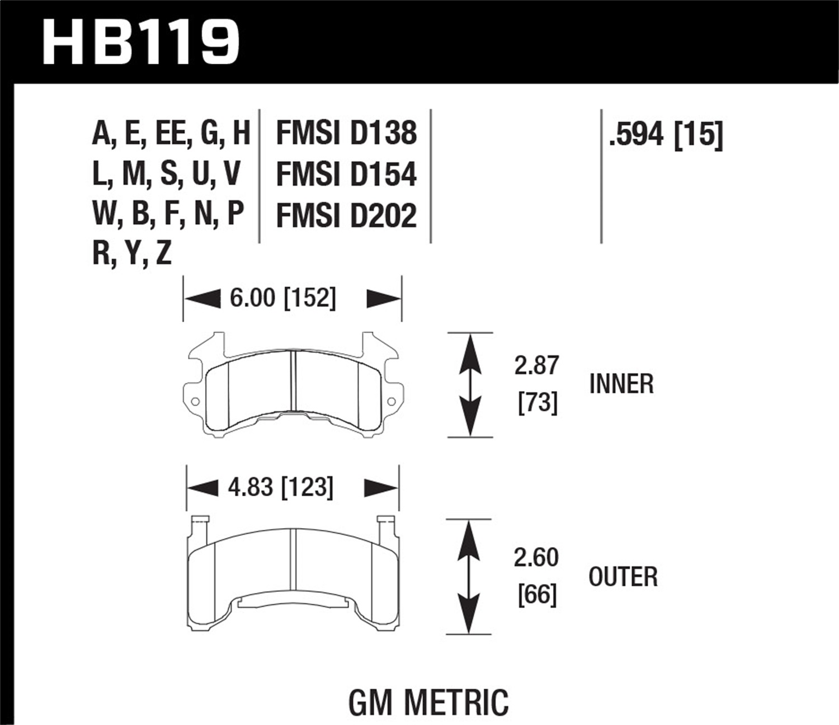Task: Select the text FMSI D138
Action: point(346,133)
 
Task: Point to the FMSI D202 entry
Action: point(346,215)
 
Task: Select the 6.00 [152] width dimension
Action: point(282,298)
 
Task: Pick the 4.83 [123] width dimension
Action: point(280,487)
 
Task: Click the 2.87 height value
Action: point(536,365)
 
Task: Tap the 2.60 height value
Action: point(536,558)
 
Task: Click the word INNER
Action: point(621,384)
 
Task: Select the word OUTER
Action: point(623,577)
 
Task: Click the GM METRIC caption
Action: point(428,702)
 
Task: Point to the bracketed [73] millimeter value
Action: point(538,402)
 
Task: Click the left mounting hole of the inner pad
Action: point(195,402)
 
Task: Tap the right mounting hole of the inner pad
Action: point(391,401)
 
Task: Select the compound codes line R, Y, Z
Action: point(132,253)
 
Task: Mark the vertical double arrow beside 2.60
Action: point(469,577)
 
